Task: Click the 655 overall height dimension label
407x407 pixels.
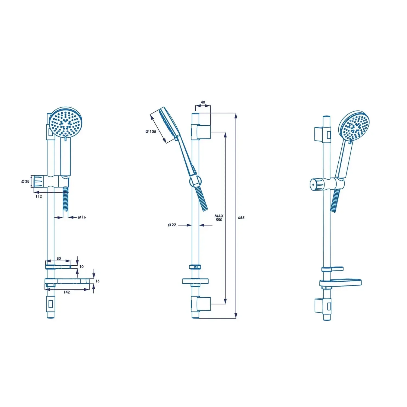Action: (241, 218)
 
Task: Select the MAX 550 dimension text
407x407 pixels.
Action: (219, 218)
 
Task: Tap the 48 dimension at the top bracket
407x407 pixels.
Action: (203, 102)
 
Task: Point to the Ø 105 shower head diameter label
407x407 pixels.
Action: (151, 132)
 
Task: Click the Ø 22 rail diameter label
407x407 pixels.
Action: (172, 225)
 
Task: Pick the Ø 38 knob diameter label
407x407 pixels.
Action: (26, 181)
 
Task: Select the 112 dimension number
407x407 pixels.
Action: (39, 196)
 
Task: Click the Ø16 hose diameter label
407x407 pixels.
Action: (82, 217)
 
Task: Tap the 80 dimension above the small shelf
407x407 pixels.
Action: (59, 258)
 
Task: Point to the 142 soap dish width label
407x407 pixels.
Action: (66, 292)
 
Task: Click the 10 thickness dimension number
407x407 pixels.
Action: (81, 266)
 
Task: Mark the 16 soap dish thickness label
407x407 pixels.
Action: (97, 281)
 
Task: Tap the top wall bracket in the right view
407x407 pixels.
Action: (322, 134)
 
